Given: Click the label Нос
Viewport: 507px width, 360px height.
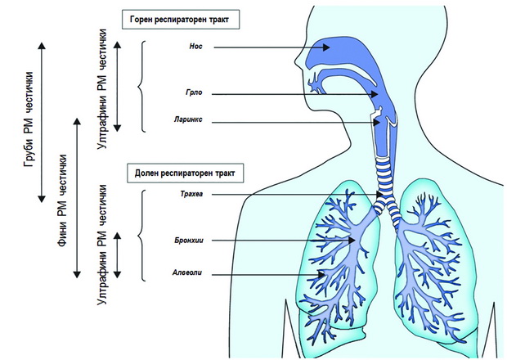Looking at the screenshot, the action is [195, 47].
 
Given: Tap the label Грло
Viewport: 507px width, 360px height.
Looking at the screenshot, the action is [194, 92].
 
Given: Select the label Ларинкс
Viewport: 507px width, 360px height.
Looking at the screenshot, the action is [188, 119].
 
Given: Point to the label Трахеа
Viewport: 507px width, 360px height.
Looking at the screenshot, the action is [191, 194].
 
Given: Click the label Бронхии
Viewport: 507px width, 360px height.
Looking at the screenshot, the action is [189, 241].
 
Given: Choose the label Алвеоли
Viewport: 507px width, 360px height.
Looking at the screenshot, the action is [187, 272].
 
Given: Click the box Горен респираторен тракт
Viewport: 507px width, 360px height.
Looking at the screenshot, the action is [181, 20].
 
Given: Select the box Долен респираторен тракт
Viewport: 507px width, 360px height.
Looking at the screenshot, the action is [186, 173].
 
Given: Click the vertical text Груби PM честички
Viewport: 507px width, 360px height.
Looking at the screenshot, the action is [29, 119].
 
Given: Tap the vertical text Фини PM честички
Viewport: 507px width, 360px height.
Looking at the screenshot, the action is [62, 200].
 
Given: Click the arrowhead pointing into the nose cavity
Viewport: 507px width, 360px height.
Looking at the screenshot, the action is [325, 47].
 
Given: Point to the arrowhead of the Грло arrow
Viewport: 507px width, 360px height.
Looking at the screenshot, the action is [375, 94].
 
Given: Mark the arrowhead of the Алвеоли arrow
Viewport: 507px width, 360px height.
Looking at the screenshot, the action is [321, 275].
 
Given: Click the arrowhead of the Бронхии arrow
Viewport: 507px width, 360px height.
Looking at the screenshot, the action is [352, 241].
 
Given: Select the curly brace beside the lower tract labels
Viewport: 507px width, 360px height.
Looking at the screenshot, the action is [140, 235].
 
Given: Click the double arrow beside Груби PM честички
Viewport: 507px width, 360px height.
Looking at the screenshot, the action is [42, 122].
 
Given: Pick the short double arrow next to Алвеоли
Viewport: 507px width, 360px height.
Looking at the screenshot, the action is [118, 255].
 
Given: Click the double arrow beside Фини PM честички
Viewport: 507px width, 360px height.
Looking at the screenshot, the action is [77, 198].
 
